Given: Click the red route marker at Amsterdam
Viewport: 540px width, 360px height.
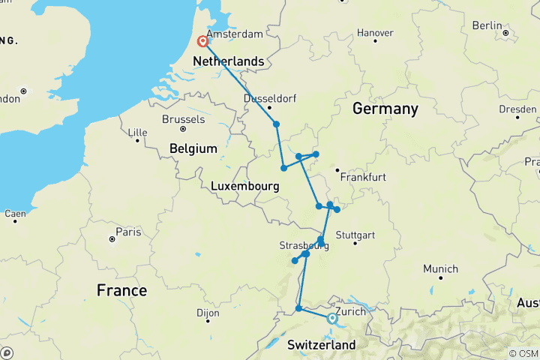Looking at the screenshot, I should click(202, 42).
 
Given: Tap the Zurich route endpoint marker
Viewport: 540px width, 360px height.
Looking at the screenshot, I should click(332, 319).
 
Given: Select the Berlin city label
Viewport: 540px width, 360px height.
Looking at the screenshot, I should click(487, 25).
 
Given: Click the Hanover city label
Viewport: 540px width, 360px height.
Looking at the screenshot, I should click(374, 33).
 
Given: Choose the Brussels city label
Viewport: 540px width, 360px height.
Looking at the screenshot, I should click(183, 119).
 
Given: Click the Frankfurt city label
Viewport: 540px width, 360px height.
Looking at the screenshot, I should click(362, 178).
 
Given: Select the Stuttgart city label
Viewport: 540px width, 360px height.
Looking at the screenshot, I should click(355, 235).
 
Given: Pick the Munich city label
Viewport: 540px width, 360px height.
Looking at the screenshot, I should click(440, 268).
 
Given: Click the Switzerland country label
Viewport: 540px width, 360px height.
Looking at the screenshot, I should click(321, 344).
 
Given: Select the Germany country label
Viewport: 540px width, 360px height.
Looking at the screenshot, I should click(385, 109).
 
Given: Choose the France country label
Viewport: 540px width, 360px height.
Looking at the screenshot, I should click(121, 290).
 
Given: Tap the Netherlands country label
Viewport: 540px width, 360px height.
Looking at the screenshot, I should click(229, 61).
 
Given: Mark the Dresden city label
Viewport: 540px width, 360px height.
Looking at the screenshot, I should click(517, 109).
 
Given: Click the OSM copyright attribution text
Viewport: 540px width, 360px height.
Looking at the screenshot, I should click(523, 353).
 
